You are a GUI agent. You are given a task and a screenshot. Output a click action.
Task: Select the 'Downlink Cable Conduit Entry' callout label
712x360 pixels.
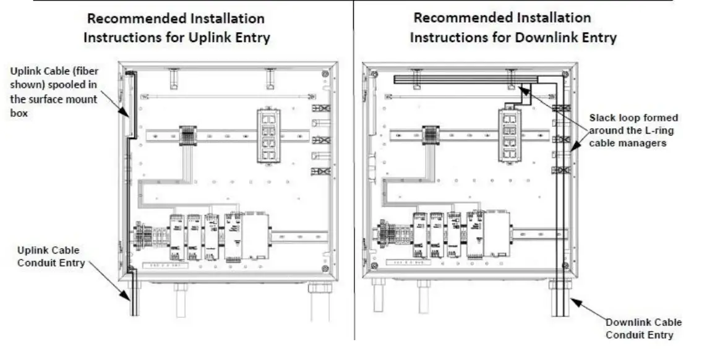pyautogui.click(x=643, y=328)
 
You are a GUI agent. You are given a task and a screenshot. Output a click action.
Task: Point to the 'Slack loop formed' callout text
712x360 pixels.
pyautogui.click(x=633, y=118)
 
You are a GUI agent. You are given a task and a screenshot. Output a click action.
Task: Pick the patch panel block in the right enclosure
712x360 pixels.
pyautogui.click(x=510, y=135)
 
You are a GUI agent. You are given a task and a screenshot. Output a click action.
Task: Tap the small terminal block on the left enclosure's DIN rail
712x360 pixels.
pyautogui.click(x=187, y=135)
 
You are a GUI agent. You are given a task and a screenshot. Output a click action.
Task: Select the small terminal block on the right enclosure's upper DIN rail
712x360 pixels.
pyautogui.click(x=431, y=135)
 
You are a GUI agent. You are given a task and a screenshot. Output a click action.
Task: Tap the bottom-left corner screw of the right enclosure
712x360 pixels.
pyautogui.click(x=374, y=266)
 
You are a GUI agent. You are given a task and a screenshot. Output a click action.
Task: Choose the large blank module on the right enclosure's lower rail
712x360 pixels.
pyautogui.click(x=497, y=235)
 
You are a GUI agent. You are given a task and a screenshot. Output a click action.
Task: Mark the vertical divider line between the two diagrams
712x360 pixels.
pyautogui.click(x=354, y=186)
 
